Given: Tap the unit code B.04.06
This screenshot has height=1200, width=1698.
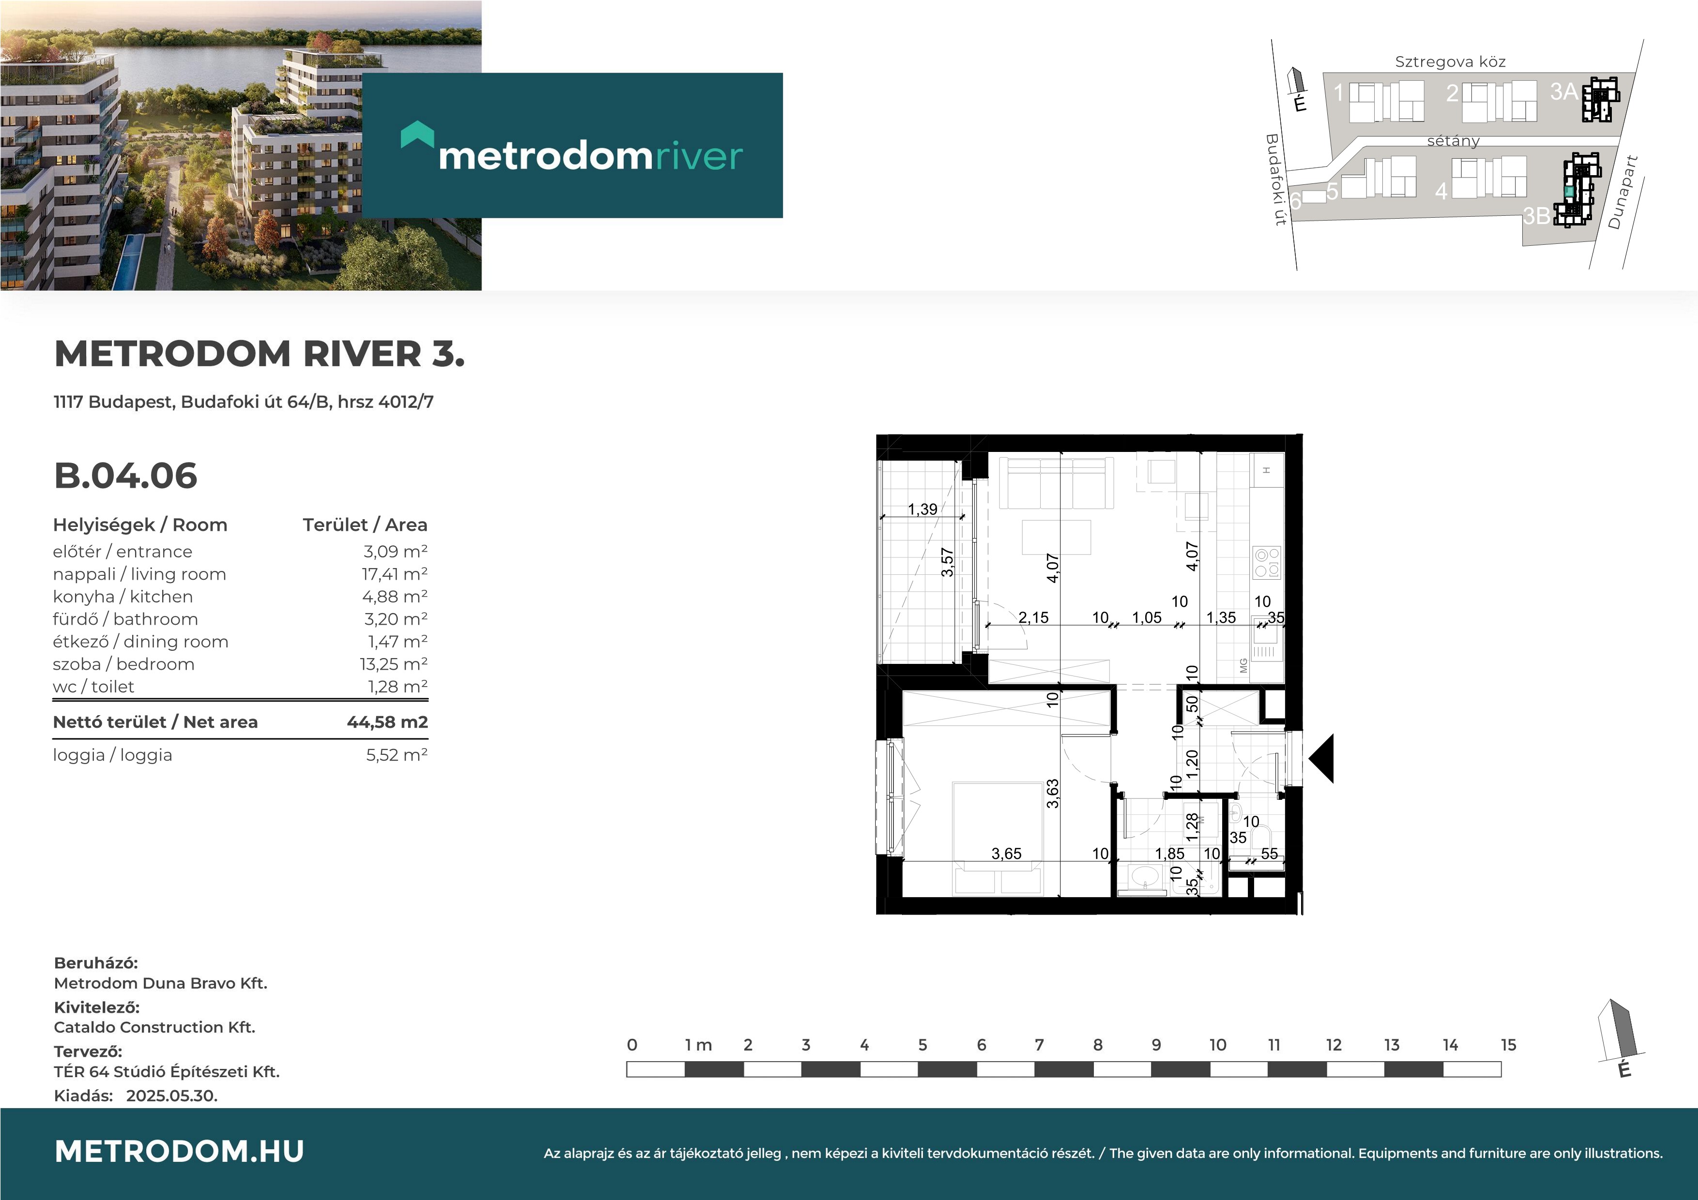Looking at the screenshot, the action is tap(126, 476).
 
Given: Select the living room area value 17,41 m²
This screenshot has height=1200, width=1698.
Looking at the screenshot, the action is tap(394, 574).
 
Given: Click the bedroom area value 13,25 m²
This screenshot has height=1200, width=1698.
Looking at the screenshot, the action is tap(394, 664).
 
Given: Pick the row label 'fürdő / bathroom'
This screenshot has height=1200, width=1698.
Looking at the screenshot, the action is tap(125, 619).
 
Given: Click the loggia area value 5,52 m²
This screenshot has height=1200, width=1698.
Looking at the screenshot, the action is tap(396, 755).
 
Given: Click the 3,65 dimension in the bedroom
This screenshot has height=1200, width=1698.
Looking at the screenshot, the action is tap(1006, 854).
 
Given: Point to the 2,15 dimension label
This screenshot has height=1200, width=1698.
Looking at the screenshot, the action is tap(1033, 617).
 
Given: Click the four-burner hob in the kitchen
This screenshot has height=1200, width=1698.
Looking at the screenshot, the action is tap(1267, 563).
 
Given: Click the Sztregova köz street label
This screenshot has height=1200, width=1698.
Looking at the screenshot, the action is tap(1450, 61).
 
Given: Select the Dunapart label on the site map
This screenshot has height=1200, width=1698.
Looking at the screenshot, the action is tap(1622, 192).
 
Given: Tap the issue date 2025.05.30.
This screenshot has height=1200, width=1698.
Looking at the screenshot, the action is tap(171, 1096).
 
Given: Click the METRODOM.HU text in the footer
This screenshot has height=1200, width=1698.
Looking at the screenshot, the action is tap(180, 1151).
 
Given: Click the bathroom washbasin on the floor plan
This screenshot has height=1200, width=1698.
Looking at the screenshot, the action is tap(1146, 878).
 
